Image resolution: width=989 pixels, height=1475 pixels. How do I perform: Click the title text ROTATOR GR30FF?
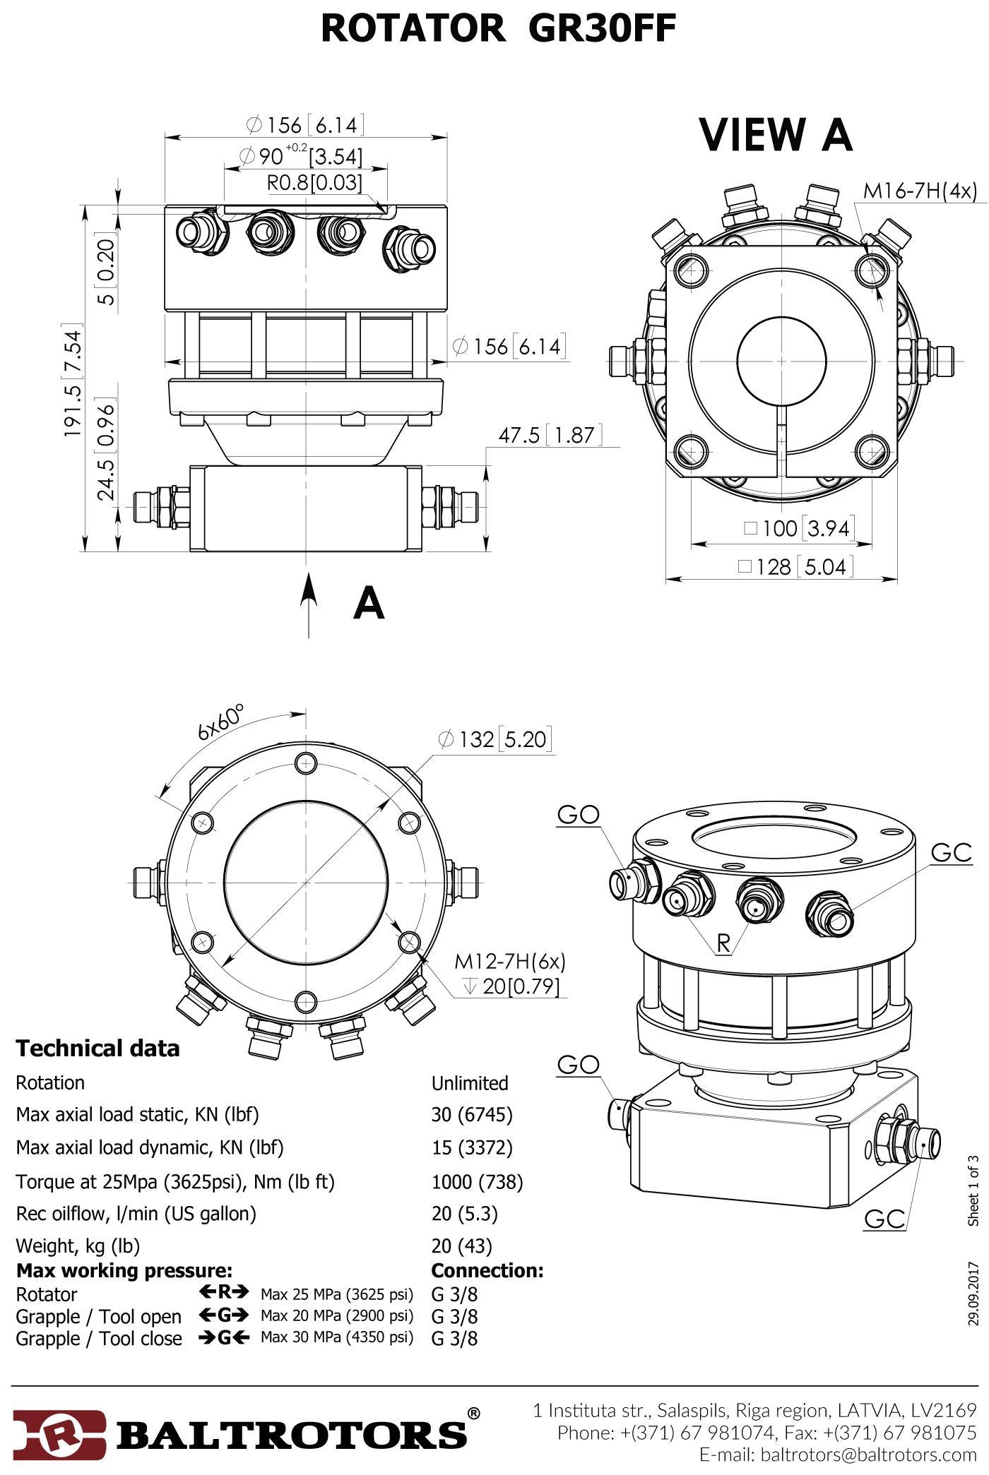tap(498, 30)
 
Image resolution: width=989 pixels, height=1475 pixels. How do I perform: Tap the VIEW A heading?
tap(776, 135)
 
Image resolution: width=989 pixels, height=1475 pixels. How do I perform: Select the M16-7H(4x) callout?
tap(920, 191)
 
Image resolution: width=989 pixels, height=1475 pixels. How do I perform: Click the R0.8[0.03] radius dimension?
tap(314, 183)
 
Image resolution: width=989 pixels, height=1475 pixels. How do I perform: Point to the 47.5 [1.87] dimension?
tap(550, 435)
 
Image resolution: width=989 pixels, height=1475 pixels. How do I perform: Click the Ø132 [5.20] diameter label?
tap(494, 739)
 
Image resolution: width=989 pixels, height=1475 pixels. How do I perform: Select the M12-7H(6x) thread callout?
tap(509, 961)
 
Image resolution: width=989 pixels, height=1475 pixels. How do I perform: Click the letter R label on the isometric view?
tap(723, 943)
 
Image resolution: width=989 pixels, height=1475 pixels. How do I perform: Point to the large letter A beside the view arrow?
tap(369, 604)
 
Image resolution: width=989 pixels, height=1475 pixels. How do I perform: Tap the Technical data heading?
tap(97, 1048)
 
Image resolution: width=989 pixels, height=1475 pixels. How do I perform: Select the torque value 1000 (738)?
tap(477, 1181)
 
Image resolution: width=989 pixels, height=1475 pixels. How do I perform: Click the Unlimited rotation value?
tap(470, 1083)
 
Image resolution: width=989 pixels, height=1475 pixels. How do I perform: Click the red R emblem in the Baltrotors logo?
tap(60, 1433)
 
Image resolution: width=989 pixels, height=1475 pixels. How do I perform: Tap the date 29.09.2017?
tap(974, 1294)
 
